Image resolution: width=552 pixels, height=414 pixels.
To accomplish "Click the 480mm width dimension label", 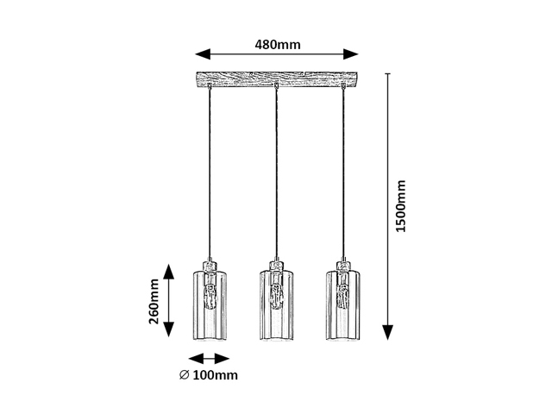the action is (278, 45).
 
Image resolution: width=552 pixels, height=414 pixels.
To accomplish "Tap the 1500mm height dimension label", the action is (400, 206).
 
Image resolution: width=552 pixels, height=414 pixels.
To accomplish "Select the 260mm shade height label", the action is (154, 301).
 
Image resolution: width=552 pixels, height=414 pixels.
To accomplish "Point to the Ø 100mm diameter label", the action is (209, 375).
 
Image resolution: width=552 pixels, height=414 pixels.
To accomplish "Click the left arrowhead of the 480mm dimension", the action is (203, 54).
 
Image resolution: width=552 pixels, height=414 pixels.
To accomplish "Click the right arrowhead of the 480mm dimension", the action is (351, 54).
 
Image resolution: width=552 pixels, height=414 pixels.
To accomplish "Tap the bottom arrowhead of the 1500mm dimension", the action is (387, 332).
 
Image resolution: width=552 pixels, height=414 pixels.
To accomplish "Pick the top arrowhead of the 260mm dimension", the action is (169, 272).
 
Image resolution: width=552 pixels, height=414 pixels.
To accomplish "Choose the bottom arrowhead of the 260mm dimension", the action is (169, 329).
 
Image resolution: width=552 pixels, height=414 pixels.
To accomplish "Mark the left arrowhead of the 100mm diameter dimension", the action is (196, 359).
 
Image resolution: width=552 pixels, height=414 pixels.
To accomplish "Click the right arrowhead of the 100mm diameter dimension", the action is (223, 359).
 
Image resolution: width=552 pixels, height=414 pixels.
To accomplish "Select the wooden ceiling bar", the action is (277, 79).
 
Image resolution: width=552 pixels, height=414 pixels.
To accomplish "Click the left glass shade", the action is (210, 305).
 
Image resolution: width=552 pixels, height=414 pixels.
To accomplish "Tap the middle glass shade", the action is (276, 305).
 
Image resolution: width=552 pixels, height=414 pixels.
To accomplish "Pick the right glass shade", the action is (342, 305).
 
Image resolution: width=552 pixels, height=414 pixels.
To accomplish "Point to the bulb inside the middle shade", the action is (276, 297).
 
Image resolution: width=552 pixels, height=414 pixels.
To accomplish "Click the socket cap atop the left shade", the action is (210, 267).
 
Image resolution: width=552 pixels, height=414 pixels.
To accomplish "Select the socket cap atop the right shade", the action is (343, 267).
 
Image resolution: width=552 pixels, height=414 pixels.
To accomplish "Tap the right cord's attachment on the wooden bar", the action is (343, 85).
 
